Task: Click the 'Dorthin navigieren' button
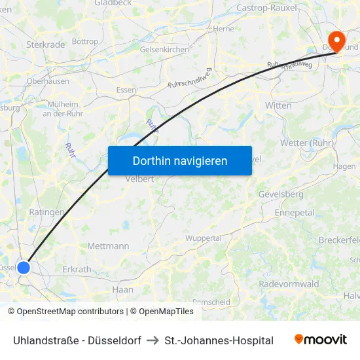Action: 180,160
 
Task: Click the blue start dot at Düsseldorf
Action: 24,267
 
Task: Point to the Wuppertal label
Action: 204,238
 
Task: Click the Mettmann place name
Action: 108,246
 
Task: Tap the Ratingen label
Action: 47,212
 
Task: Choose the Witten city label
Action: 278,105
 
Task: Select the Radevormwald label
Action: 289,284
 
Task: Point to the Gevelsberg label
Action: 281,194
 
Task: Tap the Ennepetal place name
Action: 295,213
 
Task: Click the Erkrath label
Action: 77,270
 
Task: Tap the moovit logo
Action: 321,339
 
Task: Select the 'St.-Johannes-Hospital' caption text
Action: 219,340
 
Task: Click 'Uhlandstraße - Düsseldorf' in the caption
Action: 77,340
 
